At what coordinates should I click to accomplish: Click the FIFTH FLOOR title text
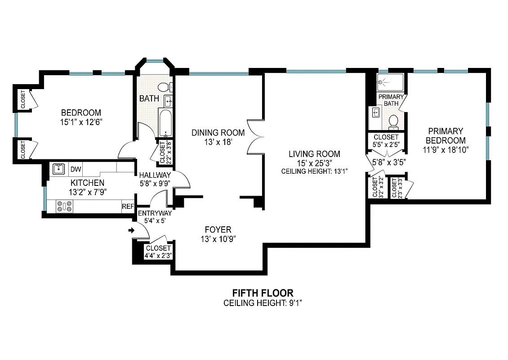click(263, 293)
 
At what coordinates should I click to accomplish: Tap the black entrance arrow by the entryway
click(131, 231)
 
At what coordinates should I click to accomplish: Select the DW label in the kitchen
click(76, 169)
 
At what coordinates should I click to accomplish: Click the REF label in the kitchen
click(128, 207)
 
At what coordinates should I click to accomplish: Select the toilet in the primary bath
click(393, 121)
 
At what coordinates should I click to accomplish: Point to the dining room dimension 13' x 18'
click(218, 142)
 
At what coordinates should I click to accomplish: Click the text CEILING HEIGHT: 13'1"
click(314, 171)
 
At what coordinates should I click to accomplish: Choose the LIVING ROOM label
click(314, 154)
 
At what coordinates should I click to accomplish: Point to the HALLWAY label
click(155, 175)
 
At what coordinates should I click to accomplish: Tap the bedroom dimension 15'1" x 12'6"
click(81, 121)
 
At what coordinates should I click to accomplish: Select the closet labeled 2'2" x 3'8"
click(162, 153)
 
